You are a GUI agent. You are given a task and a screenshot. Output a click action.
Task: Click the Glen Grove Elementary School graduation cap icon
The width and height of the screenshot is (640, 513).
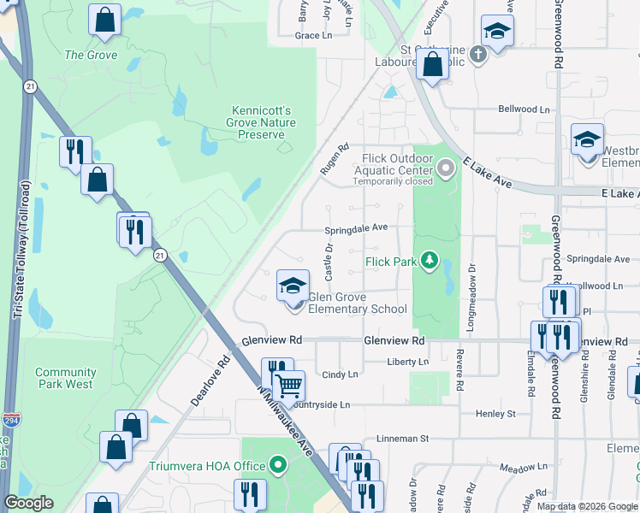point(293,286)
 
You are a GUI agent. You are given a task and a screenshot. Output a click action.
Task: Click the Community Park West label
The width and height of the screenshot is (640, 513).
point(65,378)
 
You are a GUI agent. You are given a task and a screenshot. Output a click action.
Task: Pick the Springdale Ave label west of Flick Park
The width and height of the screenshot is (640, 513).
point(357,228)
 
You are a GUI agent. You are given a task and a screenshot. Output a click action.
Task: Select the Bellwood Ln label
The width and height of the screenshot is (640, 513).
point(524,109)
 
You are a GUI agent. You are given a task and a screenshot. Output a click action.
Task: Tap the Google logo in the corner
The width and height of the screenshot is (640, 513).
point(29,503)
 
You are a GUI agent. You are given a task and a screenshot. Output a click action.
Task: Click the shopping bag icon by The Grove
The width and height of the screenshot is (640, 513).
point(104,22)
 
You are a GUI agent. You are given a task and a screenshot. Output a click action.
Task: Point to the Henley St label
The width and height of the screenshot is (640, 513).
point(496,414)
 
